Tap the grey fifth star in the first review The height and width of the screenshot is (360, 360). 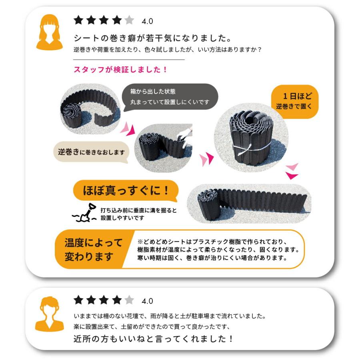(129, 20)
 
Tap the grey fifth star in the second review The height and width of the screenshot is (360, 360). (129, 300)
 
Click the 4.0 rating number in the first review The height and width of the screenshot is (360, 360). (147, 21)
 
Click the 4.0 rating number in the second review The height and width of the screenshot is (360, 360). (147, 301)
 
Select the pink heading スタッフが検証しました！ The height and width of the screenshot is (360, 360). (120, 70)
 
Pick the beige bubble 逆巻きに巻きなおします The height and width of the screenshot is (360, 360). (91, 152)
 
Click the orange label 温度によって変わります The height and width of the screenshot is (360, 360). (94, 249)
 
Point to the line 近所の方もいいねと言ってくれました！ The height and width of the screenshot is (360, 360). (154, 339)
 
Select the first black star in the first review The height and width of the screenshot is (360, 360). (78, 20)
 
